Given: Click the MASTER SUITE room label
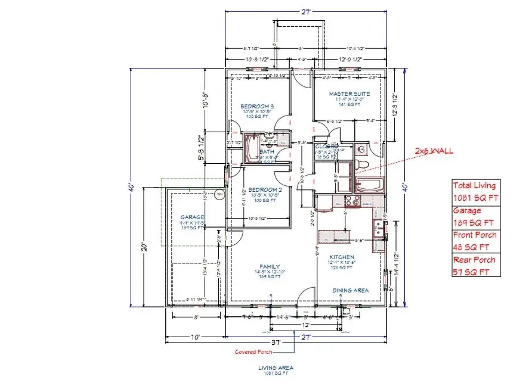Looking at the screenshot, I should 349,94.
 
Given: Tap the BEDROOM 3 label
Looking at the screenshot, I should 257,105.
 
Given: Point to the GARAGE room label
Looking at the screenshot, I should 193,217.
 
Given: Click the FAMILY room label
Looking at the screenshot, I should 270,266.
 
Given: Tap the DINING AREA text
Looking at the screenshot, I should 350,291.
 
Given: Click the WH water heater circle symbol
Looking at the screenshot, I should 219,194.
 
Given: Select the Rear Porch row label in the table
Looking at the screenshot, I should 474,260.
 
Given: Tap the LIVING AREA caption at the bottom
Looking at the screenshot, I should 275,368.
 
